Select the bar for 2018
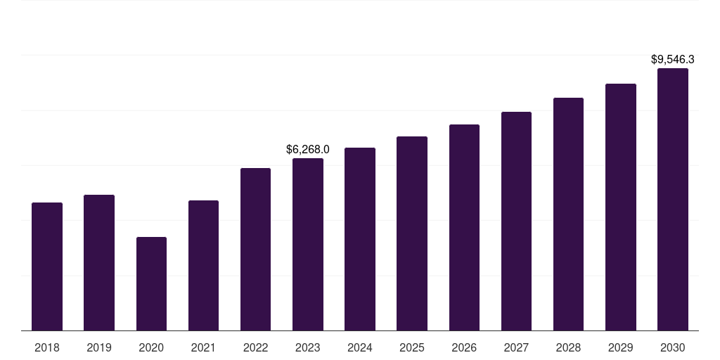[x=47, y=266]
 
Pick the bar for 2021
[x=203, y=265]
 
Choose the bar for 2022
[x=255, y=249]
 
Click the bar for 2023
[x=308, y=244]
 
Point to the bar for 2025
[x=412, y=233]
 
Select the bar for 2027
[x=516, y=221]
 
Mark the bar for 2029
[x=621, y=207]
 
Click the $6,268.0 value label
[x=308, y=149]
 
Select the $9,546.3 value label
[x=673, y=60]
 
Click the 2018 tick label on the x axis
[x=47, y=347]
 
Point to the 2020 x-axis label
[x=151, y=347]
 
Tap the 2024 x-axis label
[x=360, y=347]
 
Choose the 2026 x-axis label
[x=464, y=347]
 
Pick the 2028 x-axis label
[x=568, y=347]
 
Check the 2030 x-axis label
[x=673, y=347]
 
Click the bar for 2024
[x=360, y=239]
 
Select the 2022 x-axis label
[x=255, y=347]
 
